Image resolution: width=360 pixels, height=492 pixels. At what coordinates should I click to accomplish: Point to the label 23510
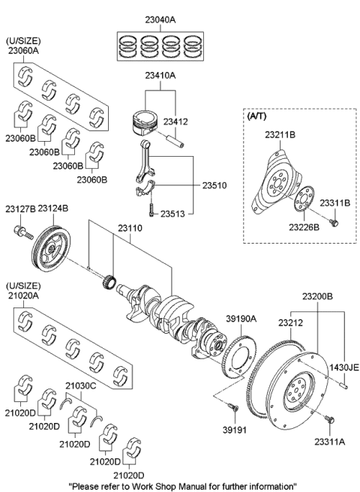pos(210,184)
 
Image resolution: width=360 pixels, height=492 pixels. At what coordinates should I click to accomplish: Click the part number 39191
pos(239,430)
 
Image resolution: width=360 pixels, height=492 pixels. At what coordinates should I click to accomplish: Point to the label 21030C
pos(81,385)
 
